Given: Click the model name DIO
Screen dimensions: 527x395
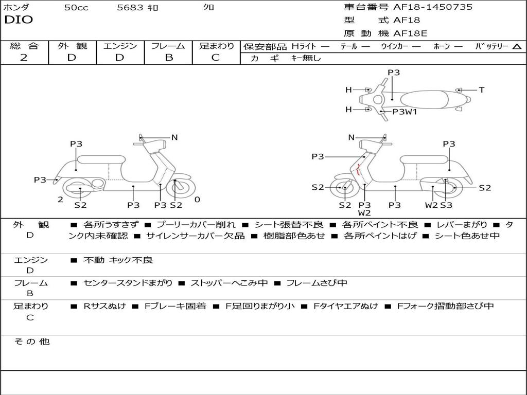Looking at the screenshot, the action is [18, 20].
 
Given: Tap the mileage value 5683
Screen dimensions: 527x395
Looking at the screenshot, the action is [131, 8].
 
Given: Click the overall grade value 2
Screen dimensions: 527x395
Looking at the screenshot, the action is [24, 58].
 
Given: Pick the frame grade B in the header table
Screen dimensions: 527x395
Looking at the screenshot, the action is [169, 58].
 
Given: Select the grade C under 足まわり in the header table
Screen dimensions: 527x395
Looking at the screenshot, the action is [216, 58].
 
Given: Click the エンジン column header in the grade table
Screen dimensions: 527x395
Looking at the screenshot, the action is [120, 46].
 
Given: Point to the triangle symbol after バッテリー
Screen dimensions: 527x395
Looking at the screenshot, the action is [517, 47].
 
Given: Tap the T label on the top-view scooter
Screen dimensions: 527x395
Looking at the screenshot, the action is [481, 90].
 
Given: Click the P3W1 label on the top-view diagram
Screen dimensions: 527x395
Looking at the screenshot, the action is [405, 112].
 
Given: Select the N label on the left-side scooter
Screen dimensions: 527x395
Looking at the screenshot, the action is [174, 137].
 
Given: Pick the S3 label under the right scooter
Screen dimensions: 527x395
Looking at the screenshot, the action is [446, 205].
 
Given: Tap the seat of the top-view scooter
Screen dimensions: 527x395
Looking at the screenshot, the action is [426, 99].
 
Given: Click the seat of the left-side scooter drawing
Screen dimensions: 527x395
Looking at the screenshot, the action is [100, 159].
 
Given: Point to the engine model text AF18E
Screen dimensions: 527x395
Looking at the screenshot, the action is [410, 33].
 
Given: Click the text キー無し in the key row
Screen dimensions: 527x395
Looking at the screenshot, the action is [306, 58].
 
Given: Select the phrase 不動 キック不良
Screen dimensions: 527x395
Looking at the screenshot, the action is [118, 260].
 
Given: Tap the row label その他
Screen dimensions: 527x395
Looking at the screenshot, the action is [32, 342].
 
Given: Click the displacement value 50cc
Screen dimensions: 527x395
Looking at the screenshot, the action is [76, 8].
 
